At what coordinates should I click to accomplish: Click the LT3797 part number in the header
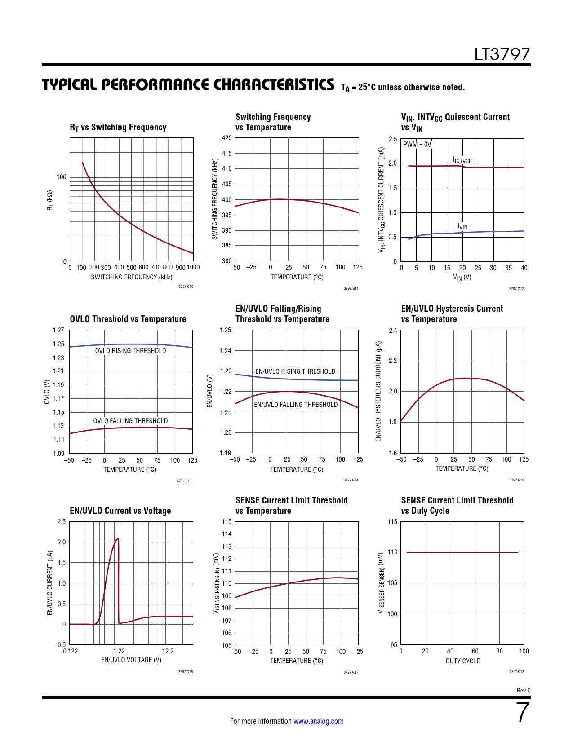(x=502, y=54)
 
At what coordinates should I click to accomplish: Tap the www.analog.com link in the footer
(x=318, y=721)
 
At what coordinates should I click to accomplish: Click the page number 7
(x=523, y=713)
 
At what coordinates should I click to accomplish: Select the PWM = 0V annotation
(x=417, y=145)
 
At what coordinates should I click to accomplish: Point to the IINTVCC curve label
(x=462, y=160)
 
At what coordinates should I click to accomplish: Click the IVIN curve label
(x=462, y=226)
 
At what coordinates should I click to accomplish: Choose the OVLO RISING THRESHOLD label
(x=130, y=351)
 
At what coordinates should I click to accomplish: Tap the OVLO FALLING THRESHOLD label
(x=130, y=421)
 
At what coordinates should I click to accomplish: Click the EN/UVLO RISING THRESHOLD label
(x=295, y=371)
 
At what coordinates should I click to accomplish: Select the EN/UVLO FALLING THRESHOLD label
(x=296, y=405)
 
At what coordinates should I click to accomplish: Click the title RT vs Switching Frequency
(x=118, y=128)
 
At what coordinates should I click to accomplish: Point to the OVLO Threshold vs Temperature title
(x=128, y=319)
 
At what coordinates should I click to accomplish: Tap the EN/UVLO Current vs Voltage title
(x=120, y=511)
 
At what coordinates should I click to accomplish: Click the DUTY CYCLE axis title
(x=462, y=661)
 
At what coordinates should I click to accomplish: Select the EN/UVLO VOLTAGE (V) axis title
(x=131, y=660)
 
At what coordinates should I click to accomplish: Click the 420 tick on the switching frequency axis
(x=227, y=138)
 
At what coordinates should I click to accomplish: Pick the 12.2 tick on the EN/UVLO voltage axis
(x=168, y=651)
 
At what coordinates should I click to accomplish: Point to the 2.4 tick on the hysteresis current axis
(x=393, y=331)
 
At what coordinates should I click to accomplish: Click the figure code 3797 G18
(x=516, y=672)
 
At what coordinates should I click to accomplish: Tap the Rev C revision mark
(x=523, y=691)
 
